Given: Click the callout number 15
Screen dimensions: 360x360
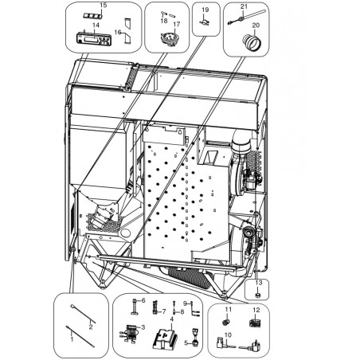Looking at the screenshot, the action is point(104,5).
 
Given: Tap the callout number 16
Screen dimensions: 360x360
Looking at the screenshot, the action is point(118,32).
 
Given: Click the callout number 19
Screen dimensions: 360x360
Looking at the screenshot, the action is point(205,10).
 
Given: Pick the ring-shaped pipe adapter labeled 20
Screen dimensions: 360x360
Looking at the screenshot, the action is point(251,41).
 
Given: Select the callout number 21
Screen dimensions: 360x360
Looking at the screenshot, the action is point(244,6).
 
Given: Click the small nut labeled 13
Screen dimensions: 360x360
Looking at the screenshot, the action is point(257,295).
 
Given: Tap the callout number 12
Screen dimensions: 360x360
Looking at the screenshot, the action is point(256,310).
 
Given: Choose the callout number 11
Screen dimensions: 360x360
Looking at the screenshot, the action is point(229,309).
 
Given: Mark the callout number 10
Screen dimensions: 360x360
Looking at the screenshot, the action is point(229,335).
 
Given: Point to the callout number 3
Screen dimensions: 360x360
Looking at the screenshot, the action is point(143,327).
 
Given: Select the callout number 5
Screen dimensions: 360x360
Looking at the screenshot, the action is point(186,343).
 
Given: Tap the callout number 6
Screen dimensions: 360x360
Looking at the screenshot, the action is point(143,300).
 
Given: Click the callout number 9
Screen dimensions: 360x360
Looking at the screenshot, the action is point(186,303).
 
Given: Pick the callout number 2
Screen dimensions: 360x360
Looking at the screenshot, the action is point(91,327).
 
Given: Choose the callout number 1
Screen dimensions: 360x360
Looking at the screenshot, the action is point(72,339).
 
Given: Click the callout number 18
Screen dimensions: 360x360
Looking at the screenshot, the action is point(164,21).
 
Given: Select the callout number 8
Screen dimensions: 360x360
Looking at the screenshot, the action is point(182,311).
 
